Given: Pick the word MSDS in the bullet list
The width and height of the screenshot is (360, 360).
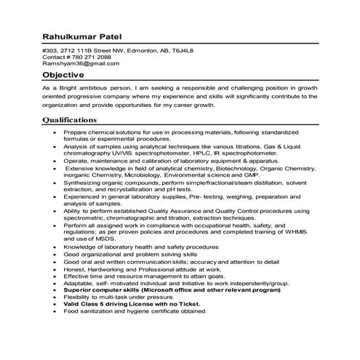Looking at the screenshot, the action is pos(104,238).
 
